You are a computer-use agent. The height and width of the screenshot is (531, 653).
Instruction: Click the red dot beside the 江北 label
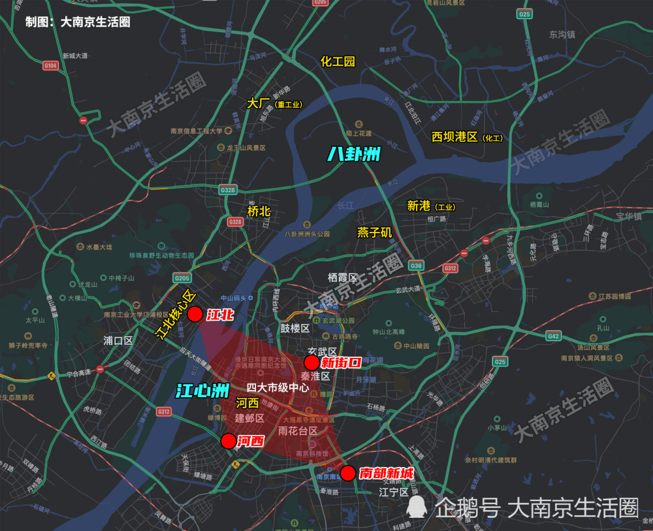coord(195,314)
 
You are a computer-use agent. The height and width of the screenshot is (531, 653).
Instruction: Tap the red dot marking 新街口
coord(311,362)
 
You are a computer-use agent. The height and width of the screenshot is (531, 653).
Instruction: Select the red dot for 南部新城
coord(348,473)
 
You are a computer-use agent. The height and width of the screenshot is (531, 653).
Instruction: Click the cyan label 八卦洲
coord(353,154)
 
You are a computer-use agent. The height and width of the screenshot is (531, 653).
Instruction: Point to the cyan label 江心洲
coord(200,391)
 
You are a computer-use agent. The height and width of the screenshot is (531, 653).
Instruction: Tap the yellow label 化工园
coord(338,61)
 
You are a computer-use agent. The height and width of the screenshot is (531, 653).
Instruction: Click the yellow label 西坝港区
coord(455,137)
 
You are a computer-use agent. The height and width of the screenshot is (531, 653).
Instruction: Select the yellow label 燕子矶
coord(375,232)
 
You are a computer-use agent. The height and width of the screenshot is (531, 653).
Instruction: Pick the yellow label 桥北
coord(259,212)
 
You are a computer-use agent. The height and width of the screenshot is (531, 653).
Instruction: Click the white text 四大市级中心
coord(278,387)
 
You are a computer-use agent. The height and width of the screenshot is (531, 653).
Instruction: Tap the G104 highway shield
coord(50,65)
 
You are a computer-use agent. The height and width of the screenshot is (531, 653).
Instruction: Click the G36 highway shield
coord(416,266)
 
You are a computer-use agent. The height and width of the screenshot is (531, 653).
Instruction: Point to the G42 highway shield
coord(554,336)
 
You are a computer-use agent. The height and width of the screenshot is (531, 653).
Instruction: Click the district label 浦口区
coord(118,340)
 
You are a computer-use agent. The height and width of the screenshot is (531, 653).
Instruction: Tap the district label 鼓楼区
coord(295,328)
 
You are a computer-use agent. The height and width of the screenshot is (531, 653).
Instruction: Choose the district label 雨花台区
coord(297,431)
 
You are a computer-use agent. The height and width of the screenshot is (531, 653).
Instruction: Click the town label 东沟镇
coord(562,34)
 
